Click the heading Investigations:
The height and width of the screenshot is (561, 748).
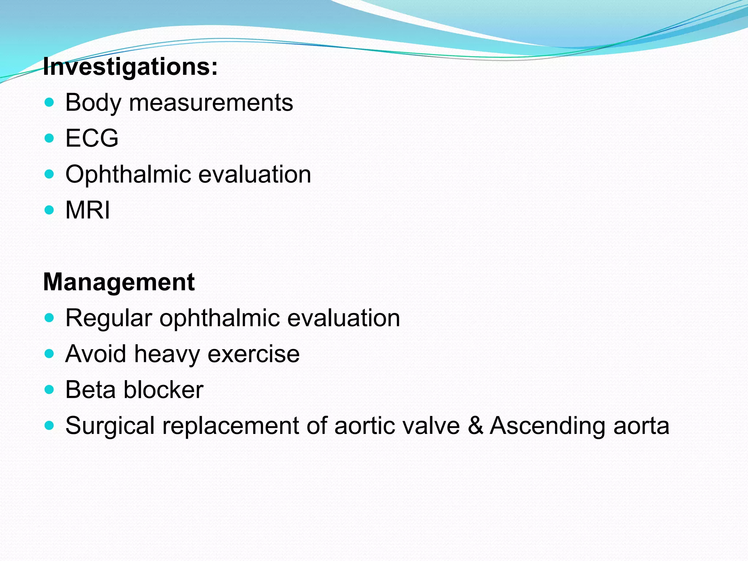click(x=130, y=67)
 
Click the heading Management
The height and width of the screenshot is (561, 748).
click(x=119, y=282)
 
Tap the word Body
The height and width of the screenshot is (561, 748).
click(x=93, y=103)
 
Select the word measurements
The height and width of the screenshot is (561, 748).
click(x=211, y=103)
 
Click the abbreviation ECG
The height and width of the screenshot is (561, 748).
click(x=92, y=138)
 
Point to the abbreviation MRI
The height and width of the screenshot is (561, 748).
click(x=87, y=210)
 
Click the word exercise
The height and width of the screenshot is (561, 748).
click(x=253, y=354)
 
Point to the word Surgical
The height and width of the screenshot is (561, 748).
click(x=110, y=426)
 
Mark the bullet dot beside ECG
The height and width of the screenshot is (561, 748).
click(x=49, y=138)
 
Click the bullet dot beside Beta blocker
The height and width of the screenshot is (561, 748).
click(x=49, y=389)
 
